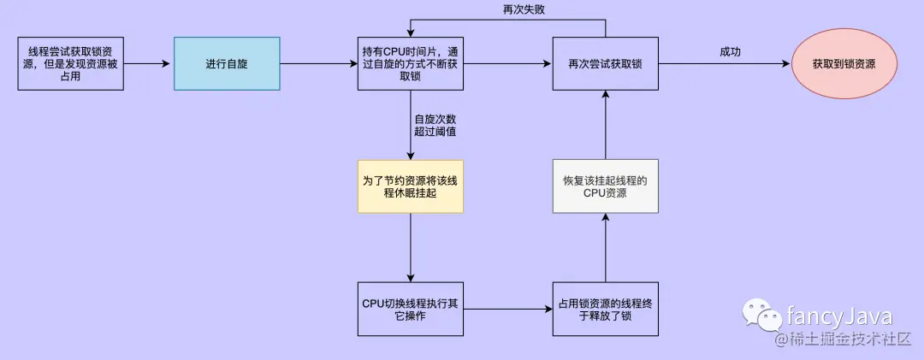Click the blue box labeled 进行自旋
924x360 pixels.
(x=227, y=63)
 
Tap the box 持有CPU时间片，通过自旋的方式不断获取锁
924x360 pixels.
(x=412, y=63)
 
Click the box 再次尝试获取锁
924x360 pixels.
(x=605, y=63)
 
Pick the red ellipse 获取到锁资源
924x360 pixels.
(x=844, y=63)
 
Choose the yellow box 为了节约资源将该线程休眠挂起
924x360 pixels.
(x=412, y=186)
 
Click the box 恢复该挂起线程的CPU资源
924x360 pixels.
(x=605, y=186)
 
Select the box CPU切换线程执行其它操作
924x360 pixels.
(x=412, y=310)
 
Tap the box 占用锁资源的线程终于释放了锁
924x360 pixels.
(x=605, y=310)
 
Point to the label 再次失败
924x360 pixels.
(x=520, y=9)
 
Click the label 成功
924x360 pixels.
(x=730, y=52)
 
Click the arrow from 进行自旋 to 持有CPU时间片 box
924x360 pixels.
(x=319, y=63)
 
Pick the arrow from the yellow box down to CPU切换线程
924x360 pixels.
(x=412, y=247)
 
